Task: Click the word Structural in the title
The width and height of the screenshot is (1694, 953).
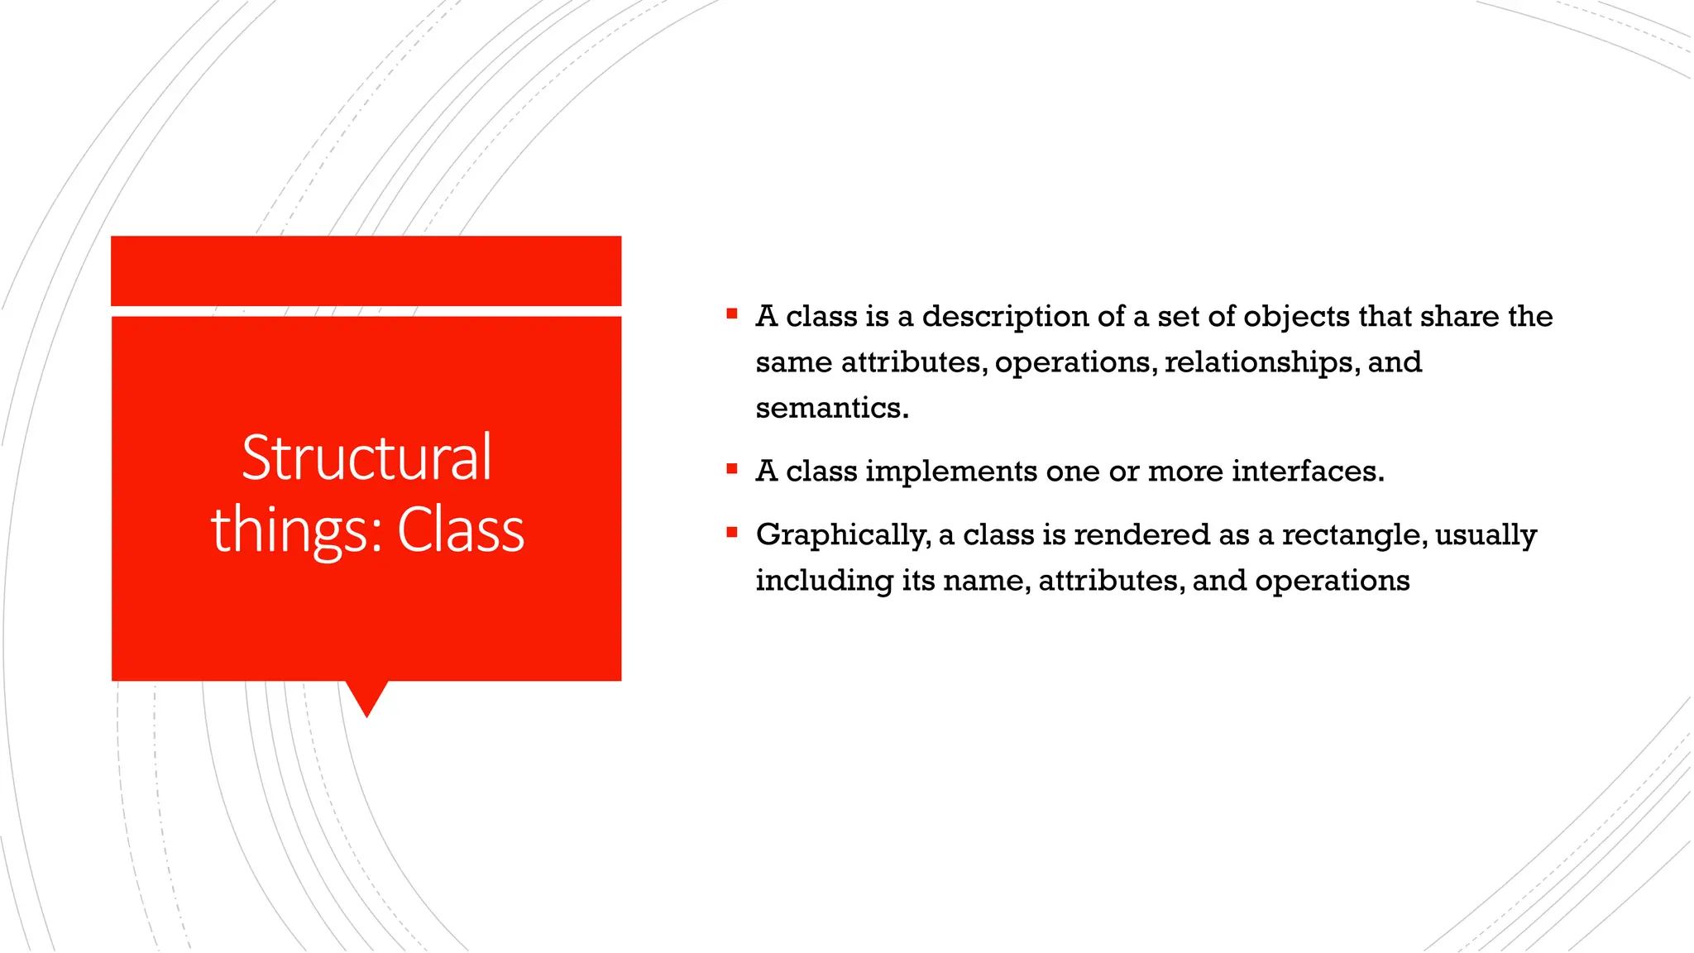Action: pos(366,457)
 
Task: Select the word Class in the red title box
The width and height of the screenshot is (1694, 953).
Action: pos(461,530)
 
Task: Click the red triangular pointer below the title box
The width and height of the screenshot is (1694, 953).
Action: pos(366,697)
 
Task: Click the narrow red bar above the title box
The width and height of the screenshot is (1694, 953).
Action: pos(366,271)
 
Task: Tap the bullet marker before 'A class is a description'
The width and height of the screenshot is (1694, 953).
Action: pos(731,314)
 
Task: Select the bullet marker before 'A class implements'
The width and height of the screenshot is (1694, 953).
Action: pos(731,469)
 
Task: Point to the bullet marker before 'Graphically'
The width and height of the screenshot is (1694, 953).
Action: pos(731,533)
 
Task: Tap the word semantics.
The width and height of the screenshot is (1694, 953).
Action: pos(831,408)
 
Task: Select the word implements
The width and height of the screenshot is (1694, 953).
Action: pos(951,472)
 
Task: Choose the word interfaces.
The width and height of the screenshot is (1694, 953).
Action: pos(1308,472)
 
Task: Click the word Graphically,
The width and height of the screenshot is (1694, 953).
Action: pos(843,535)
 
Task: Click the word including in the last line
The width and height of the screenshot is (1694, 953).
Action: pos(824,581)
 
